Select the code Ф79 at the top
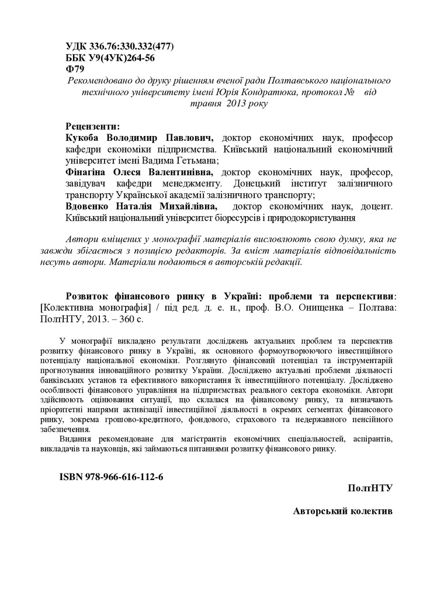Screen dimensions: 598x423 pos(74,69)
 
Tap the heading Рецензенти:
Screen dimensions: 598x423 pos(93,126)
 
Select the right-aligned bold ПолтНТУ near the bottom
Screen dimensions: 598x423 pos(369,488)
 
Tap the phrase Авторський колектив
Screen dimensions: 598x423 pos(343,510)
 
